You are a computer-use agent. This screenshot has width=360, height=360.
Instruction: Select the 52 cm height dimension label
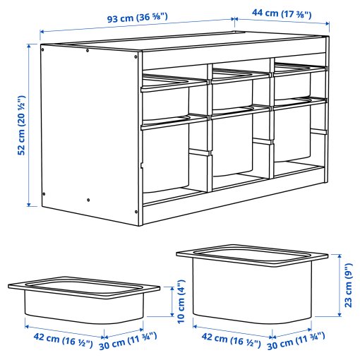tap(21, 125)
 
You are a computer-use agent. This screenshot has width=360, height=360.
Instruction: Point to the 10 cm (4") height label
tap(183, 302)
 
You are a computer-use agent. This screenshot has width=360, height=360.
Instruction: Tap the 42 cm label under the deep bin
tap(228, 338)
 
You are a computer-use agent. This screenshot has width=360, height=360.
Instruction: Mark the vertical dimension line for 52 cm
tap(30, 125)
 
